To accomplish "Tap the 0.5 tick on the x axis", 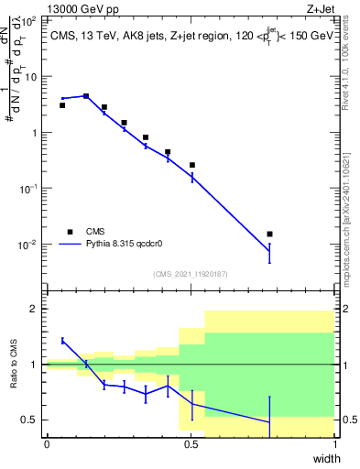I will coord(191,444).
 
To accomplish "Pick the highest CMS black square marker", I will coord(86,95).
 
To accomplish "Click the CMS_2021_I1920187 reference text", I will coord(190,274).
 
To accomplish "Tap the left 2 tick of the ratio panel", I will coord(37,309).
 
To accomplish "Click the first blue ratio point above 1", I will coord(62,341).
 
